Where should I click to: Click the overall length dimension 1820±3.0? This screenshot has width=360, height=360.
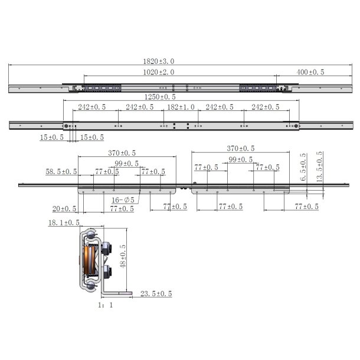coord(159,61)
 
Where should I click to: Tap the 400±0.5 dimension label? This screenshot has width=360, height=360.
coord(310,72)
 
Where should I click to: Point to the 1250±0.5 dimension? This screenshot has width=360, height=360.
coord(160,97)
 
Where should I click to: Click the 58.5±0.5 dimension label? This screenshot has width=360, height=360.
coord(61,172)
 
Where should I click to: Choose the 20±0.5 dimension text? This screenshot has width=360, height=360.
coord(64,208)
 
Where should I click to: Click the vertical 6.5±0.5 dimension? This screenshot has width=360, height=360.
coord(303,168)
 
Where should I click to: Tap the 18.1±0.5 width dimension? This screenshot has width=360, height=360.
coord(64,223)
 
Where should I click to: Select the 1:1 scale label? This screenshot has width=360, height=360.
coord(105,306)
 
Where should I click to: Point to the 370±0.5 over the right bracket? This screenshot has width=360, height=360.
coord(241,149)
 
